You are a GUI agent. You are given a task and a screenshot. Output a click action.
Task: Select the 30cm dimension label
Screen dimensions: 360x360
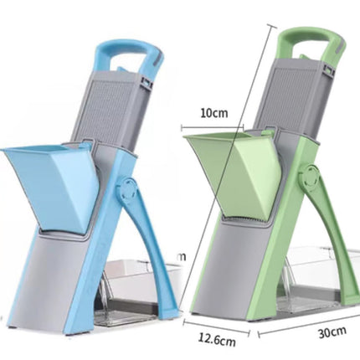click(x=331, y=332)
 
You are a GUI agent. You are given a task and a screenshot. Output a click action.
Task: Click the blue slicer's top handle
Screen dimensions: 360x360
click(x=125, y=51)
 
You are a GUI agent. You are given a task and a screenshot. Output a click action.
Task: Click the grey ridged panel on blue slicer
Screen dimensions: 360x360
click(x=117, y=109)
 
